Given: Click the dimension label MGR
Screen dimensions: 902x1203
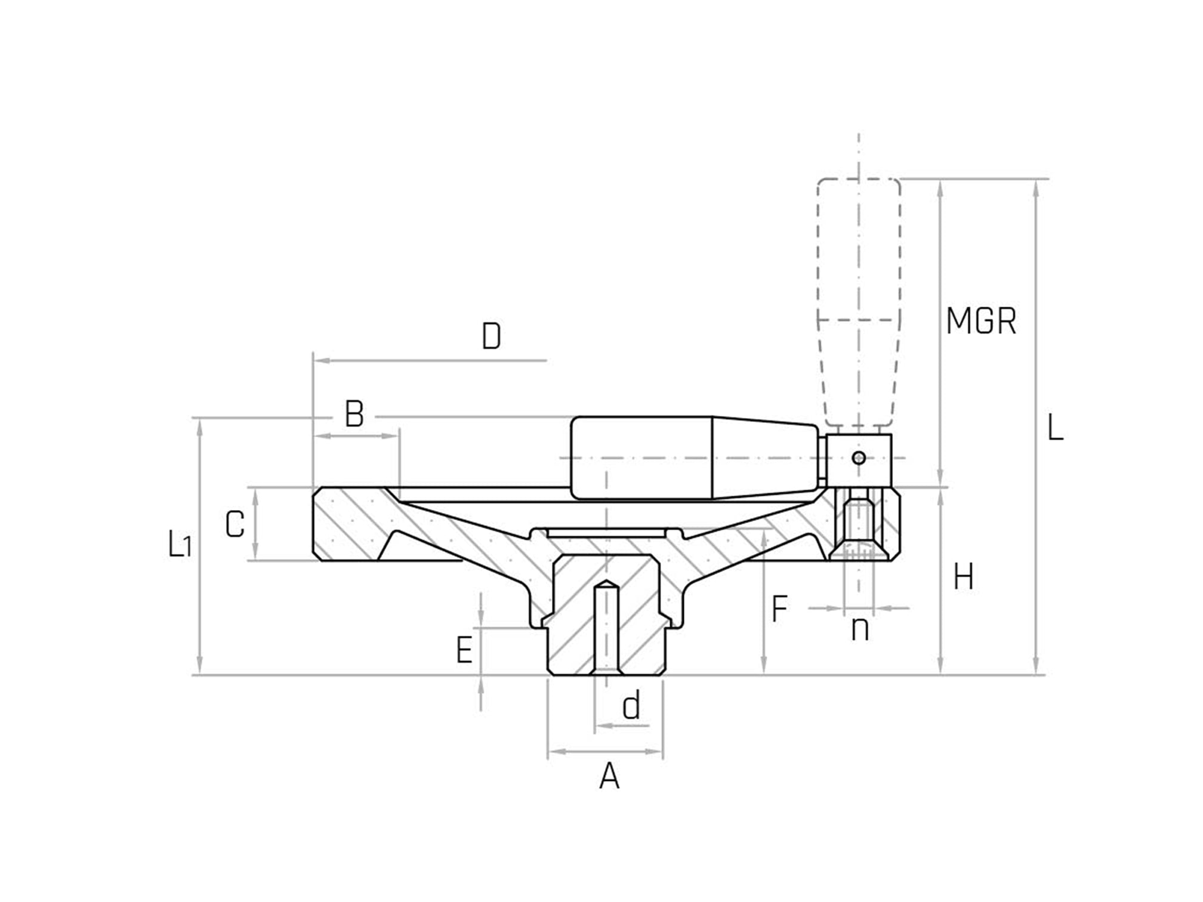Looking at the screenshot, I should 981,321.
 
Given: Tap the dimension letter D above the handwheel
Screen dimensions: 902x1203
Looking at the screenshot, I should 491,337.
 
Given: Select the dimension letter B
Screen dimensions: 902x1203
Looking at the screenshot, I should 354,414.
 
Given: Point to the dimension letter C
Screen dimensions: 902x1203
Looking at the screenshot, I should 235,524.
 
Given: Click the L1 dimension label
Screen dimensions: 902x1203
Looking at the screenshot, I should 180,544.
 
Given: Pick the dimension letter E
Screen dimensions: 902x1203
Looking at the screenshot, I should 465,650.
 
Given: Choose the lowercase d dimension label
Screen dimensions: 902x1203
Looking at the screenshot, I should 631,706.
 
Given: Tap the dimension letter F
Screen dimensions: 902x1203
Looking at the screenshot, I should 780,609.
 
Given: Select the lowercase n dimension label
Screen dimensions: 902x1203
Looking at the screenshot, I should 860,629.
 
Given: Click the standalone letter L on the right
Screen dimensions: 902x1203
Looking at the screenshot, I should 1056,428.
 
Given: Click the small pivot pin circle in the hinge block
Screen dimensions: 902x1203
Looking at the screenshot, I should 859,458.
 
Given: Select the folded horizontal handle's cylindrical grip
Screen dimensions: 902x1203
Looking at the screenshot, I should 641,458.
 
